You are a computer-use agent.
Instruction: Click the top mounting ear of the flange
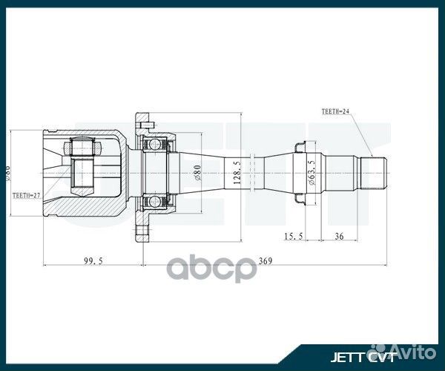[142, 118]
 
